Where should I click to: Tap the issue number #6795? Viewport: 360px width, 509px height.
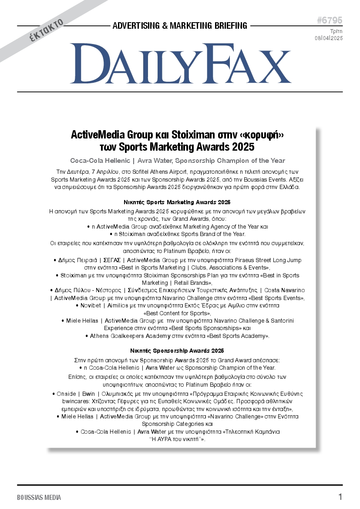point(330,20)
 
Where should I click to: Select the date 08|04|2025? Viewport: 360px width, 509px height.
point(329,38)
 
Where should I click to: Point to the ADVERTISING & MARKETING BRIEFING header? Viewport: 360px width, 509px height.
point(180,26)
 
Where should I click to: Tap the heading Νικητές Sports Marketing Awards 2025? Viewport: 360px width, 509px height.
point(177,202)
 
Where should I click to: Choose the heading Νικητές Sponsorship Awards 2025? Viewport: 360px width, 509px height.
point(177,351)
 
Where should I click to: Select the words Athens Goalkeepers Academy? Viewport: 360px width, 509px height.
point(130,336)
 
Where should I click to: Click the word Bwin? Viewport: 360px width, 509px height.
point(88,394)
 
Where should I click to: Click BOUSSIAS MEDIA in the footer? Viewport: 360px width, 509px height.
point(39,497)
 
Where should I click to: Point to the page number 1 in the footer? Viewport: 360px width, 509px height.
point(340,497)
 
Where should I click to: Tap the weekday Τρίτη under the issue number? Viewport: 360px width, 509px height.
point(336,31)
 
